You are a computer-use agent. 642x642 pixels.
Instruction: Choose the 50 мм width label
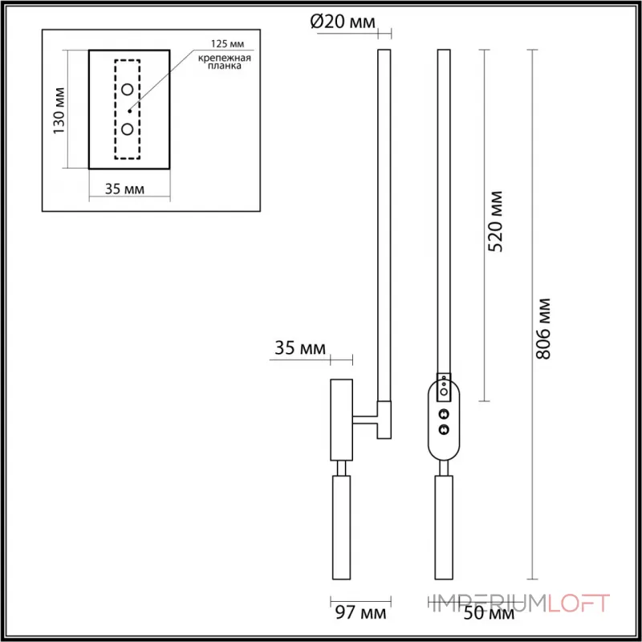pos(489,615)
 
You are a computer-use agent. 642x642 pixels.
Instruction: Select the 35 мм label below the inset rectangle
pos(125,189)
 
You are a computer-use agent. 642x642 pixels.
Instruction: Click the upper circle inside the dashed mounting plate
pos(128,90)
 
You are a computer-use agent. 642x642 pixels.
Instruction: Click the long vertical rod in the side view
pos(383,225)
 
